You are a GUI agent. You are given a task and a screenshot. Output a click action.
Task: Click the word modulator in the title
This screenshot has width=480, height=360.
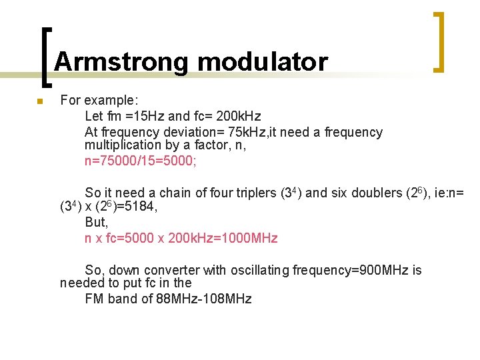(x=263, y=62)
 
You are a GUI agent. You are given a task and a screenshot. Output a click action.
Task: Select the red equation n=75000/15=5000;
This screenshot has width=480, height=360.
(x=141, y=161)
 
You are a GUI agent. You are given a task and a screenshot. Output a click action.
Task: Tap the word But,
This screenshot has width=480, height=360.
(x=97, y=222)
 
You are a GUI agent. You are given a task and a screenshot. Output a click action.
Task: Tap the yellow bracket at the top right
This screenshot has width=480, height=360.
(x=440, y=41)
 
